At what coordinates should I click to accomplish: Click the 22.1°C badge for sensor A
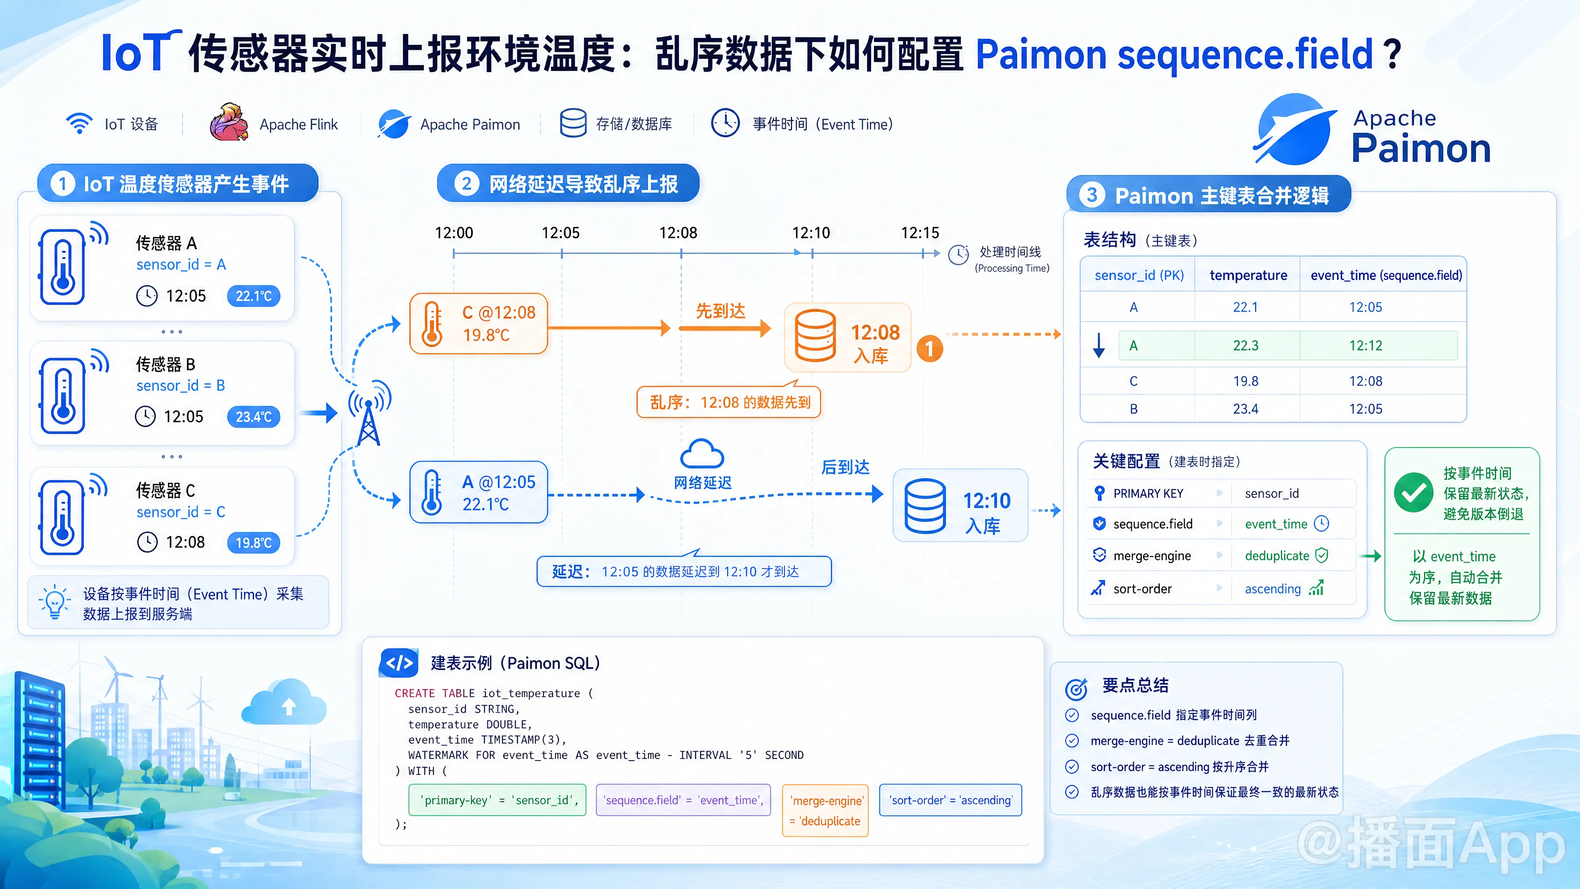253,296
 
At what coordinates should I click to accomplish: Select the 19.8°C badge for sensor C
253,542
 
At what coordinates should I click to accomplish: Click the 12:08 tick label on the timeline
678,233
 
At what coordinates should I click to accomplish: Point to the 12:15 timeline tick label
920,233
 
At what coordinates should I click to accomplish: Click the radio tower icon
369,413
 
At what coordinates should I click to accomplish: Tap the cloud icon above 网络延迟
702,455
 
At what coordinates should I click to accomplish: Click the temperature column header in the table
1248,275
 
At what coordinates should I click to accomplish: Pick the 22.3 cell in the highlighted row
1246,345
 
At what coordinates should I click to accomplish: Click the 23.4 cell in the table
1246,409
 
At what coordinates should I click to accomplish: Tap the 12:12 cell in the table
1366,345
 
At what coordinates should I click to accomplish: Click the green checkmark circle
1414,493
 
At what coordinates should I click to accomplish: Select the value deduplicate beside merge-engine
1277,556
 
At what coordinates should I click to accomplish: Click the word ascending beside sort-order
1273,589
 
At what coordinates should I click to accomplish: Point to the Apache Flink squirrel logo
228,123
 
